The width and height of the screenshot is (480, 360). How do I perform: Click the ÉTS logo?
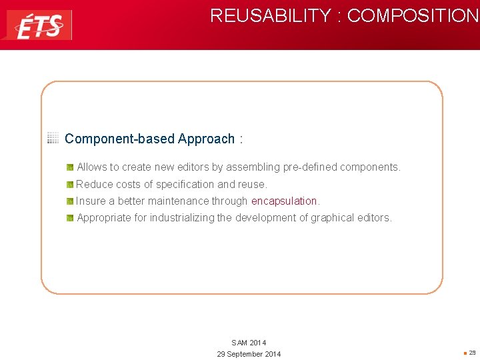(x=38, y=25)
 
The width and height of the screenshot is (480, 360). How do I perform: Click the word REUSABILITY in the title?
(x=271, y=15)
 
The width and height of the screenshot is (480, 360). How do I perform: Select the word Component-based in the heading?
(x=120, y=139)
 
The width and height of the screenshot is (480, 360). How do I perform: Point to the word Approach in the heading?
(x=206, y=139)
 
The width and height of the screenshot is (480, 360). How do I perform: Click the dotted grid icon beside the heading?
(x=53, y=138)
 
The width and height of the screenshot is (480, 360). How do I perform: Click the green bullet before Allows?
(x=70, y=167)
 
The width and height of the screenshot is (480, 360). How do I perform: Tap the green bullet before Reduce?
(x=70, y=184)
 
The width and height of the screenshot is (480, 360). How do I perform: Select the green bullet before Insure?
(x=70, y=201)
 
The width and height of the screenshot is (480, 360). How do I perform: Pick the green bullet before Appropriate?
(x=70, y=218)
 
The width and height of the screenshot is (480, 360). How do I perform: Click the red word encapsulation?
(x=284, y=201)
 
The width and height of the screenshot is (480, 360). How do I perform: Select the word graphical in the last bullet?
(x=333, y=217)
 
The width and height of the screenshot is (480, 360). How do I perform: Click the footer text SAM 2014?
(x=249, y=343)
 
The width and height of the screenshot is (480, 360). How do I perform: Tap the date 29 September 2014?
(x=249, y=354)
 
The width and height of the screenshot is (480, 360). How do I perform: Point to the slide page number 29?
(x=472, y=353)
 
